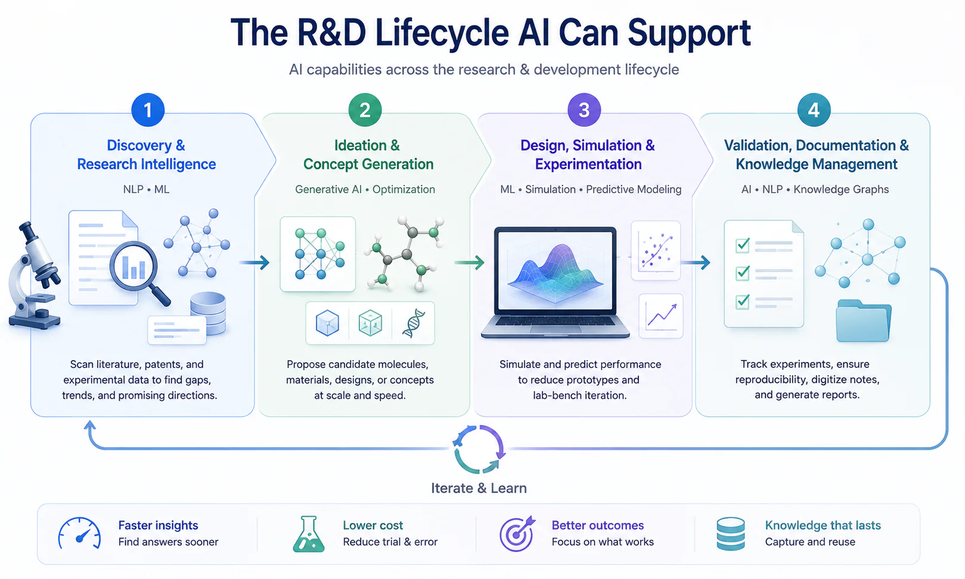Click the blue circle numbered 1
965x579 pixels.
(148, 110)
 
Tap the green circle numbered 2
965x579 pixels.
(365, 110)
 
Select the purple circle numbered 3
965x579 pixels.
(584, 110)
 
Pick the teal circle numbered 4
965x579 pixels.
(814, 110)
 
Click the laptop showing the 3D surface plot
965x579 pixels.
(556, 283)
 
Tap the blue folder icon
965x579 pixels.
(864, 321)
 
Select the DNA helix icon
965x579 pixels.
(414, 323)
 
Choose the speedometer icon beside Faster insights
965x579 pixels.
(79, 533)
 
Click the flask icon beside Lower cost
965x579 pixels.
(309, 534)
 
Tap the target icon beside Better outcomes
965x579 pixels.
(517, 534)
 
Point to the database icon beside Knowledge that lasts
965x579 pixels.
(731, 534)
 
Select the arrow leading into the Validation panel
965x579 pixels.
(696, 262)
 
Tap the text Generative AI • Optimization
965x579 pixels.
(365, 189)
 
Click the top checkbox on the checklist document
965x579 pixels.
(743, 245)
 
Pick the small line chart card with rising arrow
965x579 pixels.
(661, 315)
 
